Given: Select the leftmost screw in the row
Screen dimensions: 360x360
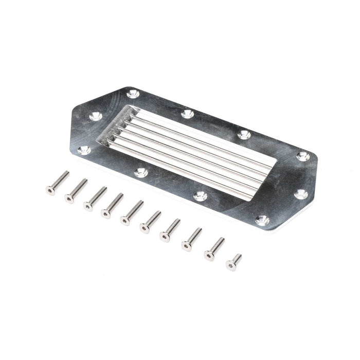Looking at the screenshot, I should point(57,183).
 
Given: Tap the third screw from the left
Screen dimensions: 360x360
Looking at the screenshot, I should point(95,199).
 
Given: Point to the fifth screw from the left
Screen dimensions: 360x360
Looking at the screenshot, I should point(132,212).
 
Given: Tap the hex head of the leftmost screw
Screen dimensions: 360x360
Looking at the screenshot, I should point(50,191).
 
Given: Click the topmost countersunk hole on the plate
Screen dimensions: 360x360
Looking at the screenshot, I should point(133,94).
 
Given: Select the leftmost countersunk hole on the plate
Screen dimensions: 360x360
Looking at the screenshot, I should point(84,150).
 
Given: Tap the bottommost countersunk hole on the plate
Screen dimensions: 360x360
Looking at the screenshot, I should point(262,221).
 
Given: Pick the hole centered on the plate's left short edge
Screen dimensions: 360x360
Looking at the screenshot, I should point(96,116).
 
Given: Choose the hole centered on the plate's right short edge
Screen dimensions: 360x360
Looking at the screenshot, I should point(301,194).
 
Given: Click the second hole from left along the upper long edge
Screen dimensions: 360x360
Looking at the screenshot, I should point(188,114).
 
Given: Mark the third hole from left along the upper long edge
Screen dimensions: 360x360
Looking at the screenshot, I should point(244,135).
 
